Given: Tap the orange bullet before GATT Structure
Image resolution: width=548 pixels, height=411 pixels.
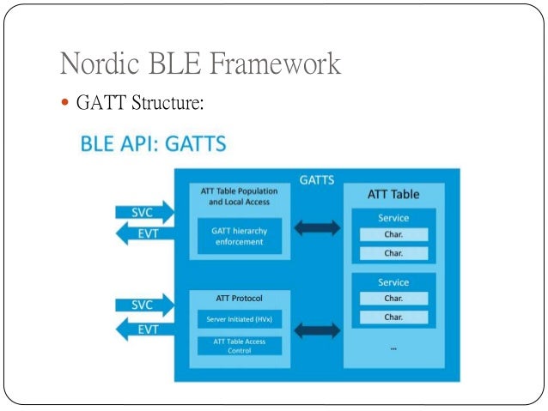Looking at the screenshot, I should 67,104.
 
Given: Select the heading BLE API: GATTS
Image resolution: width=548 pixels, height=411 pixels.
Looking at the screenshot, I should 153,143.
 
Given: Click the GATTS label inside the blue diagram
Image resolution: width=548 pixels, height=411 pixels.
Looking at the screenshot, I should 317,180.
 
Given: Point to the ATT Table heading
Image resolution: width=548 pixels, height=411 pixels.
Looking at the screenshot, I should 393,194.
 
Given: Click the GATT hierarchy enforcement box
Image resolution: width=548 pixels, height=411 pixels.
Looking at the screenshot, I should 239,236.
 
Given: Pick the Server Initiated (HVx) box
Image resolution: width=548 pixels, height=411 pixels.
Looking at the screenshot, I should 239,320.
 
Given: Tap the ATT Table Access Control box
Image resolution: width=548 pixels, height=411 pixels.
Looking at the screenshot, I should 239,346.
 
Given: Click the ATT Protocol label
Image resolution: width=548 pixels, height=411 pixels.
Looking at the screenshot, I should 239,299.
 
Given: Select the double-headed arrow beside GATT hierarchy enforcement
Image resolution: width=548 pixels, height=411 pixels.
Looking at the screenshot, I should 316,228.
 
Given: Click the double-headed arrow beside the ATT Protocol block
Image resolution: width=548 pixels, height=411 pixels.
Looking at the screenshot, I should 316,329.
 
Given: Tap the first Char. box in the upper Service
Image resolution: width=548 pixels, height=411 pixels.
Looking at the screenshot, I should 393,234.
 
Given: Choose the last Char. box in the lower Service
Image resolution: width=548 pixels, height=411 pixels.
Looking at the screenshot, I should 393,317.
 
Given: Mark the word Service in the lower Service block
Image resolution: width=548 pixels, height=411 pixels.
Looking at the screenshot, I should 393,281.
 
